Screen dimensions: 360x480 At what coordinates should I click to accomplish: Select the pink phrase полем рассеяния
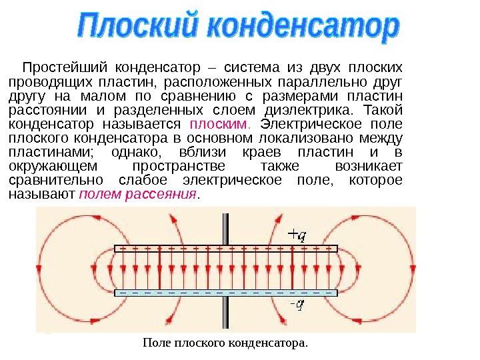(139, 195)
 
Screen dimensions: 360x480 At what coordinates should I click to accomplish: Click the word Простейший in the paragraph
(63, 68)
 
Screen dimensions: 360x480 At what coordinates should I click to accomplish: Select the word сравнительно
(55, 181)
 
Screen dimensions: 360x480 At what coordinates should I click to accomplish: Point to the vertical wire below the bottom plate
(227, 313)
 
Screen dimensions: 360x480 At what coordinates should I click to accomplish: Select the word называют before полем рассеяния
(41, 195)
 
